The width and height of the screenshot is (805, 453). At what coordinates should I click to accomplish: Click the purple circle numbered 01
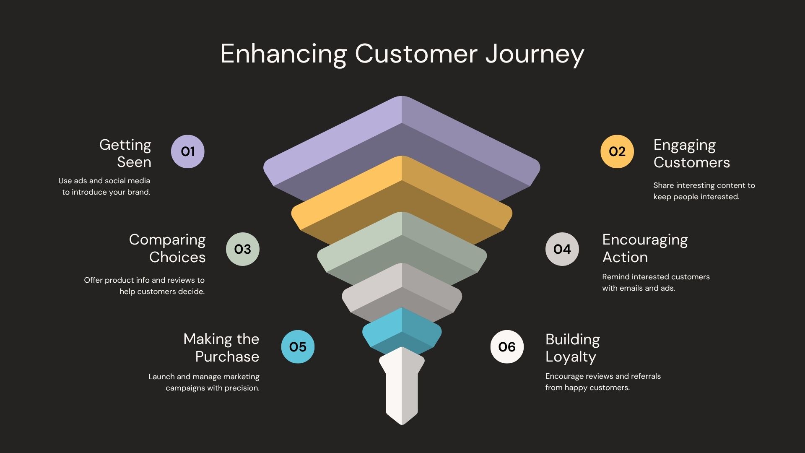click(x=187, y=151)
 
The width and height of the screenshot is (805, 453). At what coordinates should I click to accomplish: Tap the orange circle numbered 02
click(x=617, y=151)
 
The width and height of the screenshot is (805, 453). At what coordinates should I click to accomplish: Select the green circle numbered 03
click(x=242, y=249)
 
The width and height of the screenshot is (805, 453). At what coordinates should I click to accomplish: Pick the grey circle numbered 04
click(x=562, y=249)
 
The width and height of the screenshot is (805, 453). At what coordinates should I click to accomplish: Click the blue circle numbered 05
click(x=298, y=347)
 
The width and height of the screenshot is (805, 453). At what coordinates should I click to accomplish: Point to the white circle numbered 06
click(x=507, y=347)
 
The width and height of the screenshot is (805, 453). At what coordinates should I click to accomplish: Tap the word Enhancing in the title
click(x=283, y=55)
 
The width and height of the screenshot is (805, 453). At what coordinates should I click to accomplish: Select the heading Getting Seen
click(x=125, y=153)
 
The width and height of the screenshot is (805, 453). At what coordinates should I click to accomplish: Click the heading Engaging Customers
click(x=691, y=154)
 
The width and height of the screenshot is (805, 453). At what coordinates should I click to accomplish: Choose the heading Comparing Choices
click(x=167, y=248)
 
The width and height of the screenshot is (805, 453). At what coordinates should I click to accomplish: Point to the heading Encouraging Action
click(x=645, y=248)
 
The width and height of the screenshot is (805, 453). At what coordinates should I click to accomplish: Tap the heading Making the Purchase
click(x=221, y=348)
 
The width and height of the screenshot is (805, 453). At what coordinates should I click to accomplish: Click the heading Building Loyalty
click(x=572, y=348)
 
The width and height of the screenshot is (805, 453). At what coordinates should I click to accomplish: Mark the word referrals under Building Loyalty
click(x=646, y=376)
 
